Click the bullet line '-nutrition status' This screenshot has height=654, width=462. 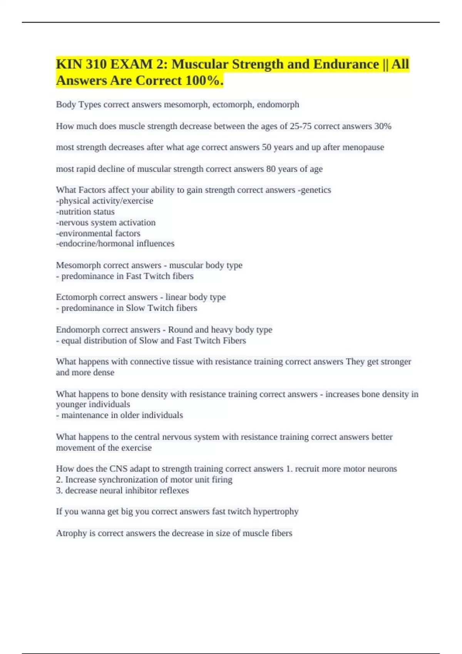tap(85, 212)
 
